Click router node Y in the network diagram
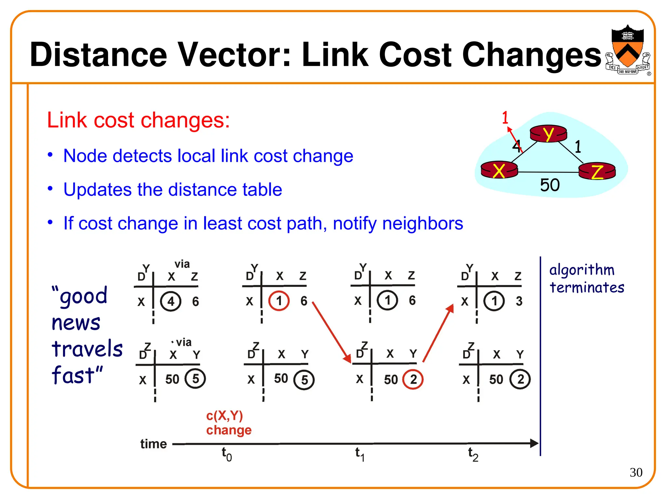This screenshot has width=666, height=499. coord(548,134)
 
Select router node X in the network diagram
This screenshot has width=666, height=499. coord(499,170)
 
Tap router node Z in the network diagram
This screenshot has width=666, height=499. coord(597,171)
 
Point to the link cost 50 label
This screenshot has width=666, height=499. coord(550,185)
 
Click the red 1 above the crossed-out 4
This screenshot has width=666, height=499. coord(505,118)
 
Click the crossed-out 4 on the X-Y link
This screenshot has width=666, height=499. coord(516,146)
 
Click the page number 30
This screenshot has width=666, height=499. coord(636,472)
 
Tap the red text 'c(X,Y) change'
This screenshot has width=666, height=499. coord(229,423)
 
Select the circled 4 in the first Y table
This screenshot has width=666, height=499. coord(171,301)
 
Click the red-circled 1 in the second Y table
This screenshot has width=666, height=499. coord(279,301)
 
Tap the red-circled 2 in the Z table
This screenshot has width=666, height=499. coord(413,379)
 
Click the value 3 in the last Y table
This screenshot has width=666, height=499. coord(519,301)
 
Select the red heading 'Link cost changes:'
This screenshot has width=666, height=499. coord(139,120)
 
